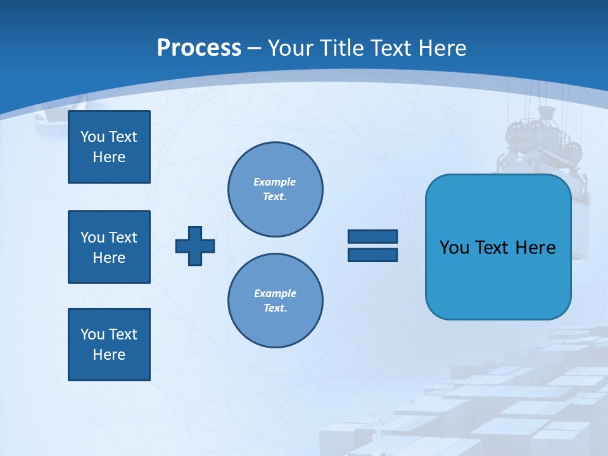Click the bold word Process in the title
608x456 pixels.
coord(199,48)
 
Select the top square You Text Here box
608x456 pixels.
coord(109,147)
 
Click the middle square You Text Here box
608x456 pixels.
coord(109,247)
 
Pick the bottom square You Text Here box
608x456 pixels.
coord(109,345)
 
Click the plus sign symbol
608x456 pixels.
coord(195,246)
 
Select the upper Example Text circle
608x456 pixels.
coord(275,189)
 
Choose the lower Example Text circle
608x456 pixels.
coord(275,300)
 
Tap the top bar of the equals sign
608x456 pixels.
coord(372,236)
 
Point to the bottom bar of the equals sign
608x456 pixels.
coord(372,255)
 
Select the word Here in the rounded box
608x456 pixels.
coord(535,247)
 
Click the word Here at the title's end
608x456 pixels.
coord(443,48)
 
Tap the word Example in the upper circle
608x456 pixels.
coord(274,182)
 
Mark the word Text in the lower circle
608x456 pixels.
coord(275,308)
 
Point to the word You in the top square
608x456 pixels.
coord(92,137)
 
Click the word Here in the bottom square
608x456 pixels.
coord(109,355)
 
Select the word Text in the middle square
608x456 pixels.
coord(122,237)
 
